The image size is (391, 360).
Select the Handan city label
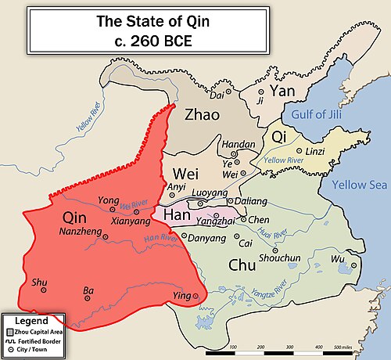[239, 145]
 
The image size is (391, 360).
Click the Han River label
[156, 236]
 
